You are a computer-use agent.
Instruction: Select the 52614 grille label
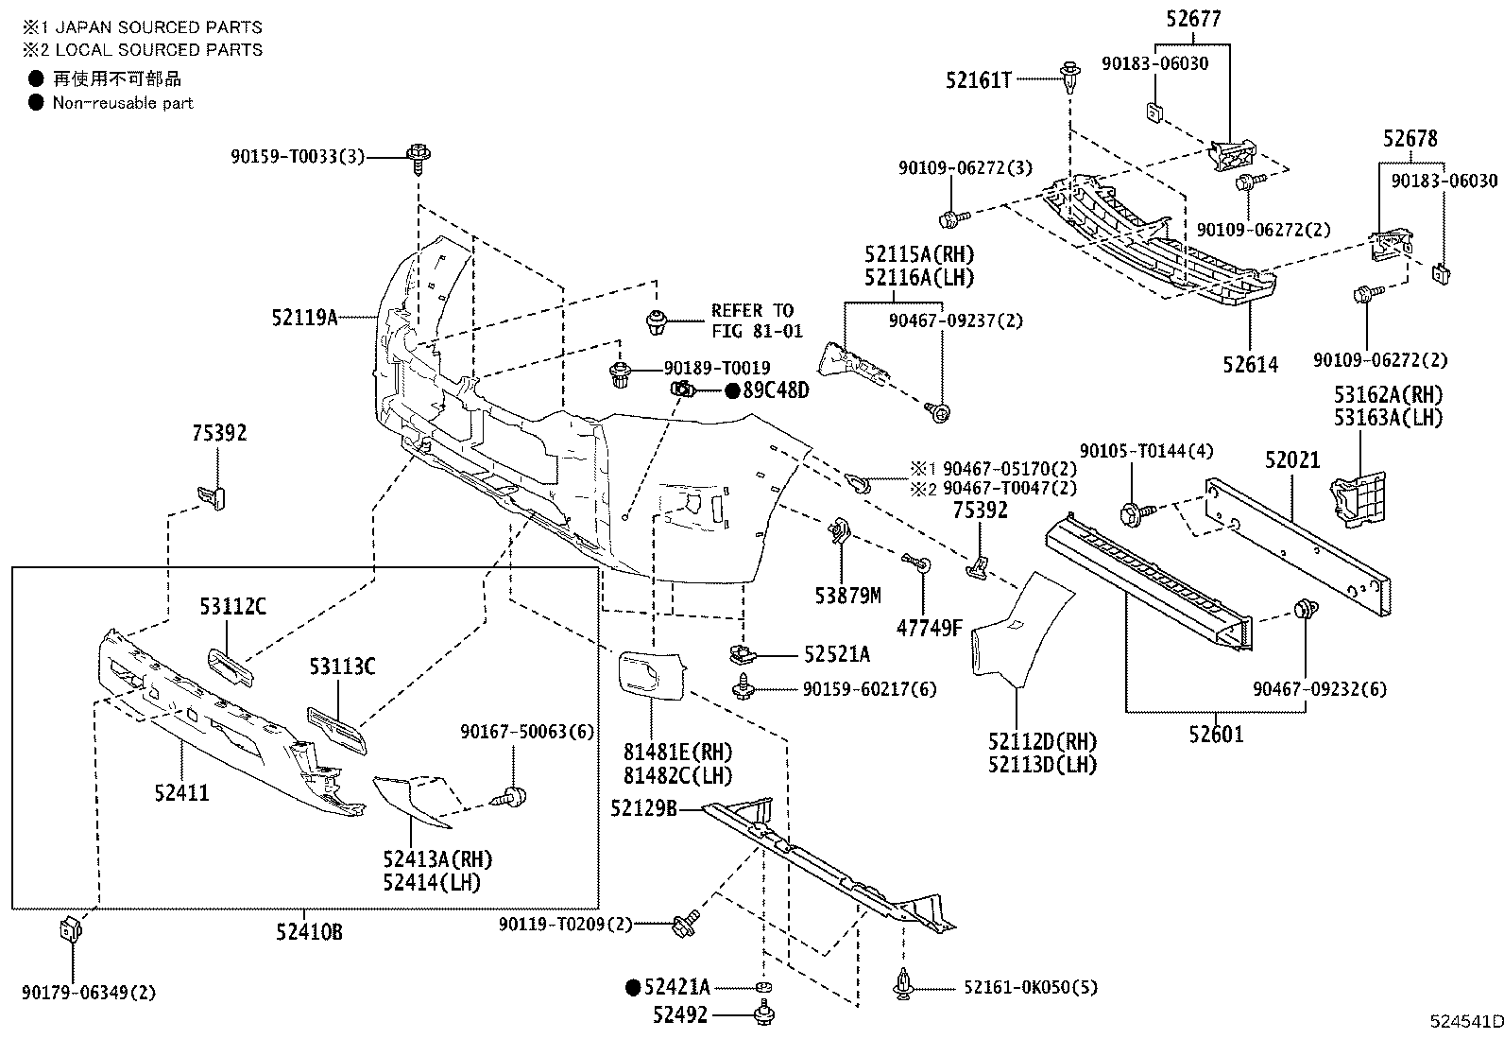click(1250, 364)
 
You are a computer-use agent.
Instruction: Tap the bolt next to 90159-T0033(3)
click(418, 156)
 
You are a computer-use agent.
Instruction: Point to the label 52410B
click(309, 933)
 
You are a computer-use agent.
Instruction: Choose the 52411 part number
click(182, 792)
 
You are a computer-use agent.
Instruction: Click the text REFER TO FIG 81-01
click(756, 320)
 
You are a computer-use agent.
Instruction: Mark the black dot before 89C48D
click(731, 390)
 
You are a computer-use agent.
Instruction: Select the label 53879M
click(847, 595)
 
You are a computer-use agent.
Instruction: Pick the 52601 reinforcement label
click(1217, 734)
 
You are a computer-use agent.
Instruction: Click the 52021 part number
click(1291, 460)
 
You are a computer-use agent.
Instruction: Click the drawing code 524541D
click(1464, 1022)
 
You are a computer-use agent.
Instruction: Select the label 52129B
click(643, 808)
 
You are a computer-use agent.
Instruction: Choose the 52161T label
click(978, 81)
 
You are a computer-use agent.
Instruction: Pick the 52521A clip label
click(837, 654)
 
